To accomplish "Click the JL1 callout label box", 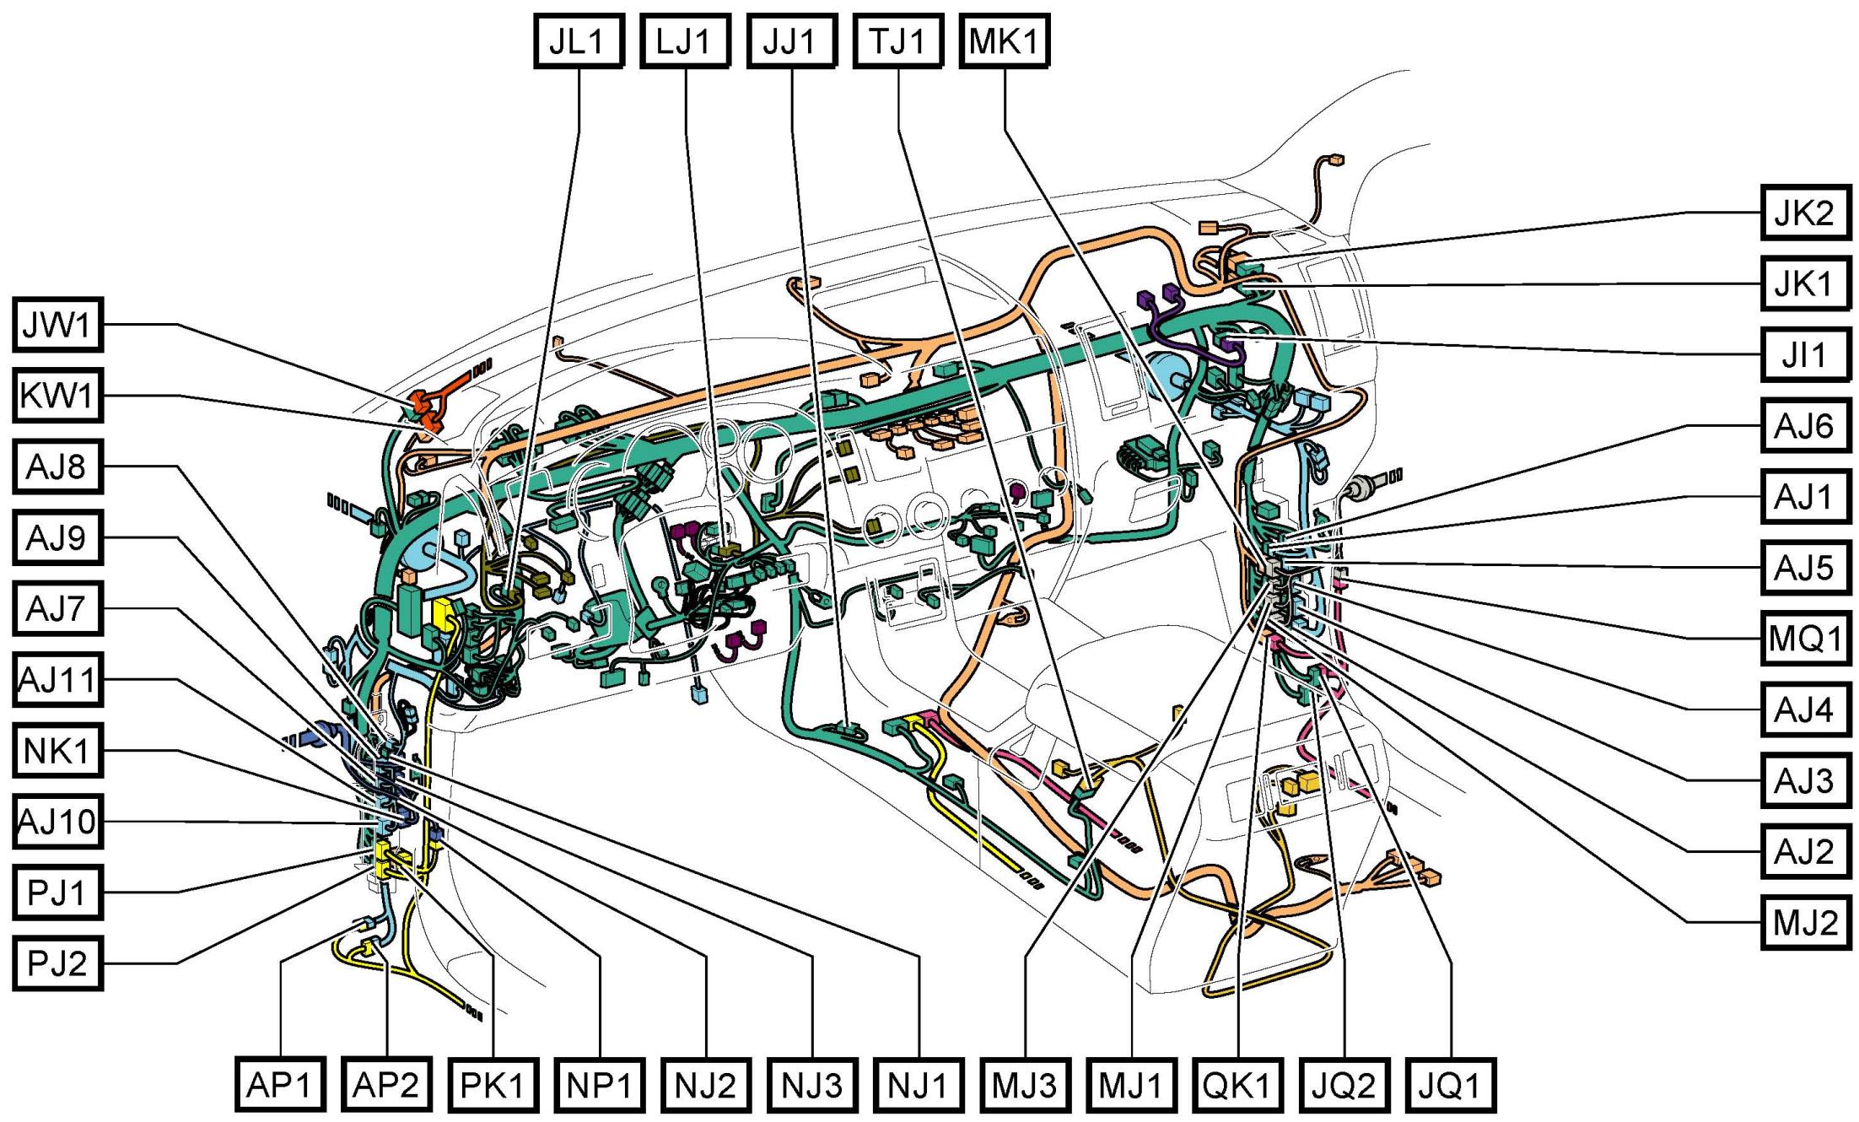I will (x=579, y=40).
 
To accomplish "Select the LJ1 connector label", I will (x=684, y=40).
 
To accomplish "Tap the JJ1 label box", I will (x=791, y=40).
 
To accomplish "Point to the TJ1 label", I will (x=897, y=40).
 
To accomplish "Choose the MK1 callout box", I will (x=1004, y=40).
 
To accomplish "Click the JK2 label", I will (x=1805, y=213).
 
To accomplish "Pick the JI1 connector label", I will (x=1805, y=354).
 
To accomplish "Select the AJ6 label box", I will (x=1805, y=426).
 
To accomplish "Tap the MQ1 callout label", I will (x=1805, y=639).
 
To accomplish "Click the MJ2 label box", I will (x=1805, y=923).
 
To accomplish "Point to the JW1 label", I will (x=57, y=325).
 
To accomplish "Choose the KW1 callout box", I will (x=57, y=396).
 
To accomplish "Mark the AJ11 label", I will (x=57, y=679).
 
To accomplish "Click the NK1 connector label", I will (x=57, y=750).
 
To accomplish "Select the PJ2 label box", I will (x=57, y=963).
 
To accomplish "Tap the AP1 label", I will (x=279, y=1085).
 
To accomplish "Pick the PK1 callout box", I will (x=493, y=1085).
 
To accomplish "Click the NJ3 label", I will (x=812, y=1085).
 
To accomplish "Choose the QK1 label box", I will (x=1237, y=1085).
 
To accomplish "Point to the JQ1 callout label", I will (x=1451, y=1085).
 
